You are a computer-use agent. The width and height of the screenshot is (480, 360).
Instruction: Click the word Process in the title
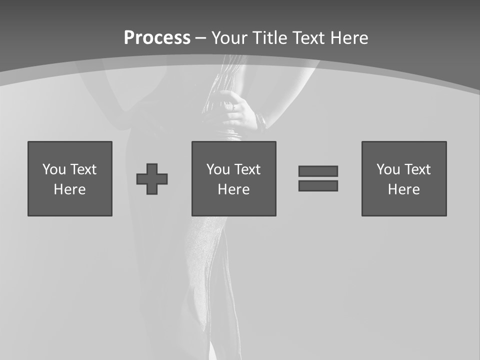(157, 37)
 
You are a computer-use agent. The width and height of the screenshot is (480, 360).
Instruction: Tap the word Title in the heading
(269, 37)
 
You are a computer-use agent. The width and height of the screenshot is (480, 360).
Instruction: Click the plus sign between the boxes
(152, 179)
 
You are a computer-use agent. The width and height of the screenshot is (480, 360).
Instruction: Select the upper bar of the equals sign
(318, 171)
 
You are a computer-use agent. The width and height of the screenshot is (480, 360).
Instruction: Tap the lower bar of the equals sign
(318, 185)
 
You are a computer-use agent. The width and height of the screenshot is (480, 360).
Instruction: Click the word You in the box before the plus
(54, 169)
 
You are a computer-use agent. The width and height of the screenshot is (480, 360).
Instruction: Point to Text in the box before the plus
(83, 169)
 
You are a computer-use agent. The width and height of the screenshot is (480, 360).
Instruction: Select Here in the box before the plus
(70, 189)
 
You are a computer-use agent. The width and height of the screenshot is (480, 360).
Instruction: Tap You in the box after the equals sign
(388, 169)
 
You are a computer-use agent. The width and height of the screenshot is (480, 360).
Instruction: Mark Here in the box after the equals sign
(404, 189)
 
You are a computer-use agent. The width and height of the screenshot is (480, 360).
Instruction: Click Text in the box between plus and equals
(247, 169)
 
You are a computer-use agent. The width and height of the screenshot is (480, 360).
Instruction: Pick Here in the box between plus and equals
(234, 189)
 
